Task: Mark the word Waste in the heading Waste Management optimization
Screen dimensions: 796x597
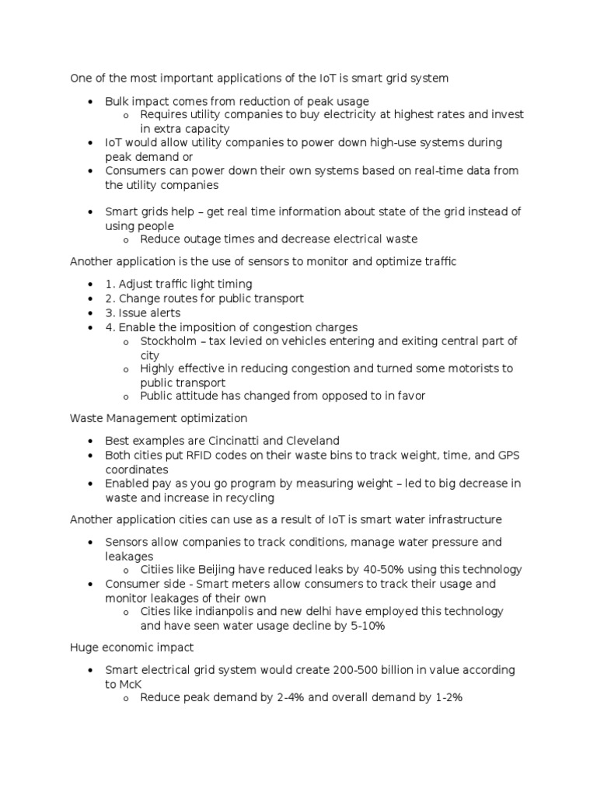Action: click(86, 418)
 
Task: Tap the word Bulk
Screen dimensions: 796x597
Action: click(118, 101)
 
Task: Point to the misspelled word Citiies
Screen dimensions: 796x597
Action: click(158, 570)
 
